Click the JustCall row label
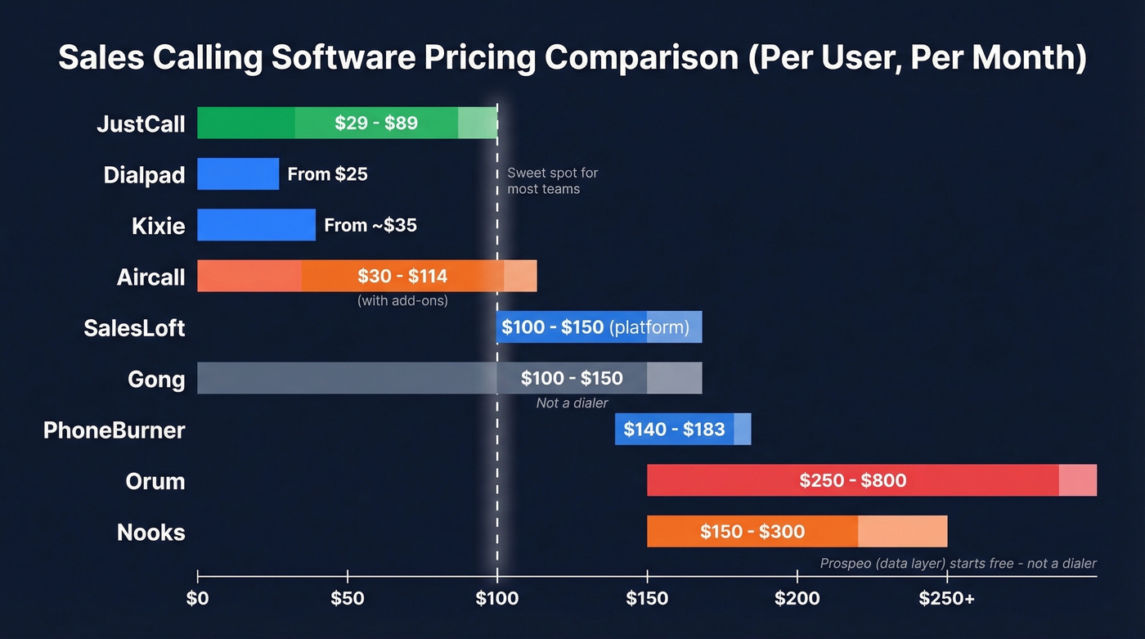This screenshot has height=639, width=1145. (x=141, y=124)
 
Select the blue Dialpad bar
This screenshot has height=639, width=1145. (x=237, y=174)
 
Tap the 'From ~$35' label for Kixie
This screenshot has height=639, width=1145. (x=370, y=225)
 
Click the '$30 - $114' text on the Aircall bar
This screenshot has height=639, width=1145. (x=402, y=277)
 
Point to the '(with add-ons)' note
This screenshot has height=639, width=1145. (x=402, y=300)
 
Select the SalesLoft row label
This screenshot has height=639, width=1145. (x=134, y=328)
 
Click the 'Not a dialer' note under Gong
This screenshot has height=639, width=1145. (x=572, y=403)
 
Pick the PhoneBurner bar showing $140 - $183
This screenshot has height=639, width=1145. (x=682, y=430)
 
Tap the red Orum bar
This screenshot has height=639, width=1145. (x=871, y=480)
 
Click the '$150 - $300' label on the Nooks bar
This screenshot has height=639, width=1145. (x=752, y=532)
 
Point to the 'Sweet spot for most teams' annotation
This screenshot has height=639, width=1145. (x=552, y=181)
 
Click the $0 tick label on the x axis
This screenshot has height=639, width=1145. (x=197, y=599)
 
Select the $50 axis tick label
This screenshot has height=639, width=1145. (x=348, y=599)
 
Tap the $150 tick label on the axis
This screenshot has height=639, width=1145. (x=647, y=599)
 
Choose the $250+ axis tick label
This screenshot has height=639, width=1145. (x=946, y=599)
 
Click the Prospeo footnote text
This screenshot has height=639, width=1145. (x=958, y=563)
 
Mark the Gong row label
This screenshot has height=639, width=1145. (x=156, y=380)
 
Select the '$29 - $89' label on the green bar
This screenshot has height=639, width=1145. (x=376, y=124)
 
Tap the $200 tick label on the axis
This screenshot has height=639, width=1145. (x=797, y=599)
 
